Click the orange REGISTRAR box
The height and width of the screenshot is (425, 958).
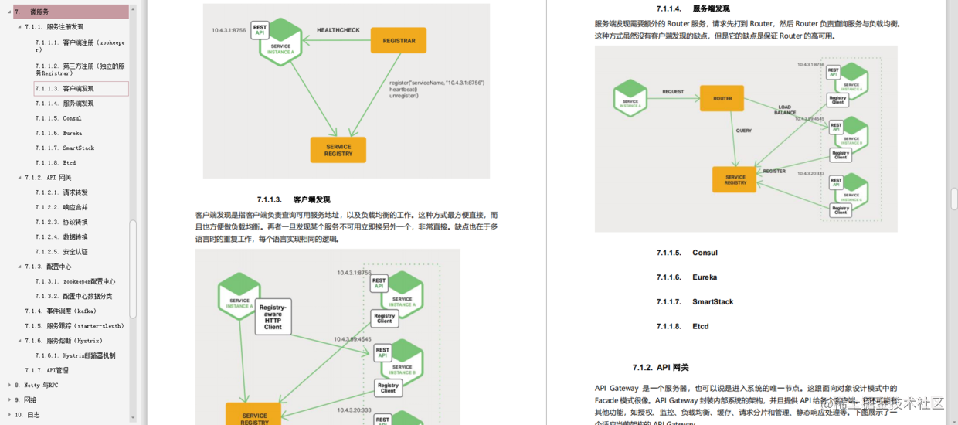[x=398, y=40]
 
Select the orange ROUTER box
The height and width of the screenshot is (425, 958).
[x=722, y=98]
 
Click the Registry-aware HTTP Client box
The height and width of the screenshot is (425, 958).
[x=273, y=317]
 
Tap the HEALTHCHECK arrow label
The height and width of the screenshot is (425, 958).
[x=338, y=30]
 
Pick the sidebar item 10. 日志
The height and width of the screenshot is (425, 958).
[x=32, y=415]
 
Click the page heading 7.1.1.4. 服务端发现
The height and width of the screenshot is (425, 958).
[x=693, y=9]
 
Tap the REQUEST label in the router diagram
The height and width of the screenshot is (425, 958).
[x=673, y=92]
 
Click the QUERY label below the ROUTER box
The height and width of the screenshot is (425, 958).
[x=743, y=131]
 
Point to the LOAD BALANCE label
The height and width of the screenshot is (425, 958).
[x=784, y=110]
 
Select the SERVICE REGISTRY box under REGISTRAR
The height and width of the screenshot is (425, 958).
[x=338, y=150]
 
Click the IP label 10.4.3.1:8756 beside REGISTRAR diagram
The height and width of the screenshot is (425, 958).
[x=229, y=30]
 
